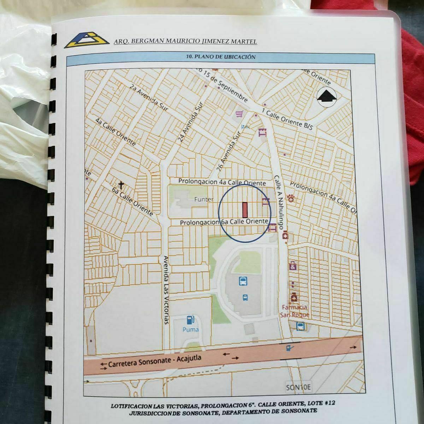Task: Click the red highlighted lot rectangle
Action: tap(245, 210)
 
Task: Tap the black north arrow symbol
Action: tap(326, 96)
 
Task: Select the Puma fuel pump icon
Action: tap(190, 320)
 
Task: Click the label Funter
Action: tap(204, 199)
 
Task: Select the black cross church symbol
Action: tap(121, 185)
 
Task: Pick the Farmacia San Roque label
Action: tap(295, 311)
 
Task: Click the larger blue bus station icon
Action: tap(243, 282)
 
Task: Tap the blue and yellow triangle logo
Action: tap(87, 40)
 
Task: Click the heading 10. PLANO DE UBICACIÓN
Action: tap(220, 57)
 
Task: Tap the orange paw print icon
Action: tap(291, 198)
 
